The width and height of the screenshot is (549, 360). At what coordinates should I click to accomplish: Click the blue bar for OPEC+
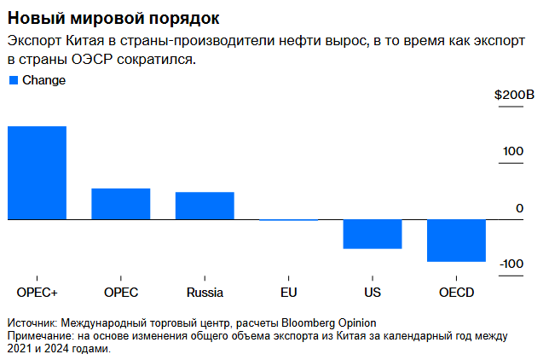pyautogui.click(x=37, y=173)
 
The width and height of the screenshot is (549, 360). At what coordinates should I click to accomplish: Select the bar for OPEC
pyautogui.click(x=120, y=204)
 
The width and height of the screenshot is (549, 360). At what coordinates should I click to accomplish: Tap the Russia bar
pyautogui.click(x=205, y=206)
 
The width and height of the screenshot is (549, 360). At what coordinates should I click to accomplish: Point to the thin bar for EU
pyautogui.click(x=288, y=220)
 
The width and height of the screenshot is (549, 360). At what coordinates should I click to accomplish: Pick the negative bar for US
pyautogui.click(x=373, y=235)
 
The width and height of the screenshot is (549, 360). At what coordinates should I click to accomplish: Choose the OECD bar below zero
pyautogui.click(x=456, y=241)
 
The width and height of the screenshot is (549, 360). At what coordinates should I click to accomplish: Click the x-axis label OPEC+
pyautogui.click(x=37, y=293)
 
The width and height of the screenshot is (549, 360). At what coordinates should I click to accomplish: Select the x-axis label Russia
pyautogui.click(x=205, y=293)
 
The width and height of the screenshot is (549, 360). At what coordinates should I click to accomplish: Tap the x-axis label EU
pyautogui.click(x=288, y=293)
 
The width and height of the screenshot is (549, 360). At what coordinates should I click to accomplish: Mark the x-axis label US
pyautogui.click(x=373, y=293)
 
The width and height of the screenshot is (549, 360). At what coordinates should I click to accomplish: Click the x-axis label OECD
pyautogui.click(x=456, y=293)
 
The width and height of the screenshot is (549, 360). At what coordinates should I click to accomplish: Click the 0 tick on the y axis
pyautogui.click(x=519, y=208)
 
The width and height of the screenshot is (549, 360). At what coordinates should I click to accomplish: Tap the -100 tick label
pyautogui.click(x=511, y=264)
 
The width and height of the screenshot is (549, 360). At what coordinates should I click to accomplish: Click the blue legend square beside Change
pyautogui.click(x=13, y=80)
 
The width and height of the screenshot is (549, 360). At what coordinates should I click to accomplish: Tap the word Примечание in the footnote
pyautogui.click(x=39, y=336)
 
